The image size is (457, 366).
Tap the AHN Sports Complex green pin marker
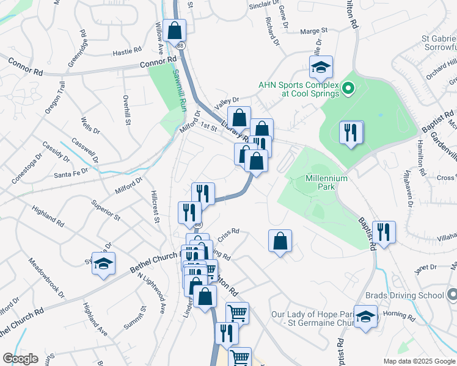(348, 90)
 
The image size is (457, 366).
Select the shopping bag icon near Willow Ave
(174, 30)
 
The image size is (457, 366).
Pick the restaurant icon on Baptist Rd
(384, 232)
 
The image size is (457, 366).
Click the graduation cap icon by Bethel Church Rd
(104, 264)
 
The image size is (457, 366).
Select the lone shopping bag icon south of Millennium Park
(280, 241)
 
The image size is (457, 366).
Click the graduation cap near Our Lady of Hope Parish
(366, 317)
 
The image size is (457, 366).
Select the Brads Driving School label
(404, 295)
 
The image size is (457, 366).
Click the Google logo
(20, 359)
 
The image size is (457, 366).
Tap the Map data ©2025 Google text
(418, 361)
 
